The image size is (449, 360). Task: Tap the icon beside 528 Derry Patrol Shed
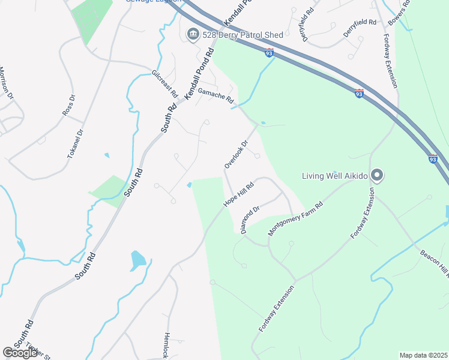click(193, 34)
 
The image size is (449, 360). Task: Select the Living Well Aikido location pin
click(377, 175)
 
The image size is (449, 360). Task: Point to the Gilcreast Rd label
click(165, 85)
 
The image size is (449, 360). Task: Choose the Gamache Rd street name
click(215, 96)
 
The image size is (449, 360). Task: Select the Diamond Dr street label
click(250, 220)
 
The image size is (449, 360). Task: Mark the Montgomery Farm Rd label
click(295, 219)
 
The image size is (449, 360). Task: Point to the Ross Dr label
click(69, 105)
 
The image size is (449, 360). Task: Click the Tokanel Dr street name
click(75, 144)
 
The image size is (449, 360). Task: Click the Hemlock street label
click(166, 346)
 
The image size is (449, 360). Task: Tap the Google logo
click(20, 353)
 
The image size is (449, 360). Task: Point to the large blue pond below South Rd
click(137, 260)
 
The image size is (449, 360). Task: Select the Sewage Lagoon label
click(152, 1)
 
